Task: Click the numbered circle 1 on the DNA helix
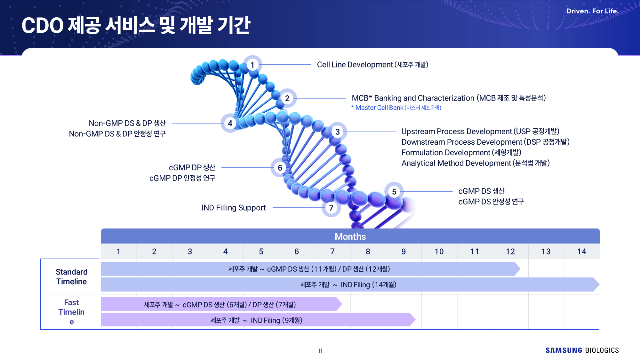click(252, 65)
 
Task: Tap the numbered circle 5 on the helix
click(394, 192)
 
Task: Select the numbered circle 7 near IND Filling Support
click(331, 208)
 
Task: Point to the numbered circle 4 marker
click(230, 123)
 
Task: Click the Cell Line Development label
click(372, 65)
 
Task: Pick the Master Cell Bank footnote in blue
click(396, 108)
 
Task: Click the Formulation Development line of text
click(461, 153)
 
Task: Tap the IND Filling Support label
click(234, 208)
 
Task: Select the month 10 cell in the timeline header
click(439, 252)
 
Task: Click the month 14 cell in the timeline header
click(582, 252)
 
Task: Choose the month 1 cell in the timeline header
click(119, 252)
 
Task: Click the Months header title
click(350, 236)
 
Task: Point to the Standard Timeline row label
click(71, 277)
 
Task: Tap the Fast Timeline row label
click(71, 312)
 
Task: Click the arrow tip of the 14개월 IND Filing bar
click(599, 284)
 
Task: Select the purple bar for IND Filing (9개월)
click(258, 320)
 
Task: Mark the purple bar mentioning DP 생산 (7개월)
click(221, 304)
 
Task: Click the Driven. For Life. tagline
click(592, 11)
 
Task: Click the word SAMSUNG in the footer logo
click(564, 350)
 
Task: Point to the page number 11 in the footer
click(320, 351)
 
